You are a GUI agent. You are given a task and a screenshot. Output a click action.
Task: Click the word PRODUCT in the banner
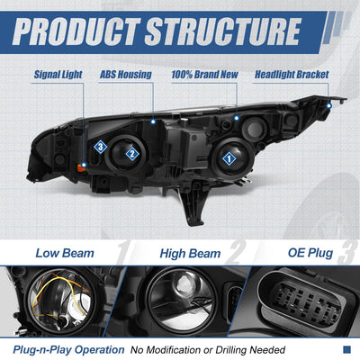[x=76, y=31]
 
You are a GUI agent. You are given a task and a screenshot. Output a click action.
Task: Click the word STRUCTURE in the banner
[x=223, y=31]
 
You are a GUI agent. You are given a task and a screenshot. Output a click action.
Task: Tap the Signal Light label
[x=58, y=75]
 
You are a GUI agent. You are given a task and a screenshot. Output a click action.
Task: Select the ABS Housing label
[x=126, y=75]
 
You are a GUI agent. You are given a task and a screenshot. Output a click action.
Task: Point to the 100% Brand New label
[x=205, y=75]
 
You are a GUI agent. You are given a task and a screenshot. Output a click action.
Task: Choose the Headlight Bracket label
[x=292, y=75]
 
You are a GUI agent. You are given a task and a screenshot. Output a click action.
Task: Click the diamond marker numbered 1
[x=229, y=158]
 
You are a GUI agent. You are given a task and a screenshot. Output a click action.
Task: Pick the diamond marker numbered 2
[x=132, y=154]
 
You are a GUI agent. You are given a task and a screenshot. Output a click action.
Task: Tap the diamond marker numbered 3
[x=101, y=147]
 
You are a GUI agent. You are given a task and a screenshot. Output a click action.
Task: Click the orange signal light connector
[x=81, y=167]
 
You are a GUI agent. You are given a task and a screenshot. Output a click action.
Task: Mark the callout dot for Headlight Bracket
[x=329, y=106]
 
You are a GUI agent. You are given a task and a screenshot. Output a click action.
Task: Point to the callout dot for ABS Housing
[x=153, y=121]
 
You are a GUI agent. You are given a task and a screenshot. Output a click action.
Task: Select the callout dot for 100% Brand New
[x=237, y=118]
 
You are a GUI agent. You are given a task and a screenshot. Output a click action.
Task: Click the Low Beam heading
[x=65, y=253]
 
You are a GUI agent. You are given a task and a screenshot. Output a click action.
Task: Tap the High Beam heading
[x=190, y=254]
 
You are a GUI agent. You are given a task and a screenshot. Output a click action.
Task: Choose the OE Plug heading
[x=310, y=253]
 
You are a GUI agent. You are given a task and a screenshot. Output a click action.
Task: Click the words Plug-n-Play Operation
[x=68, y=350]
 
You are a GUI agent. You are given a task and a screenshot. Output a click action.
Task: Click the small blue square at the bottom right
[x=346, y=349]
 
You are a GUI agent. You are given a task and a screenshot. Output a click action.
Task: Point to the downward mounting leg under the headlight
[x=194, y=207]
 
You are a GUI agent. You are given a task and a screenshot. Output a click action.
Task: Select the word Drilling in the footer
[x=231, y=350]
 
